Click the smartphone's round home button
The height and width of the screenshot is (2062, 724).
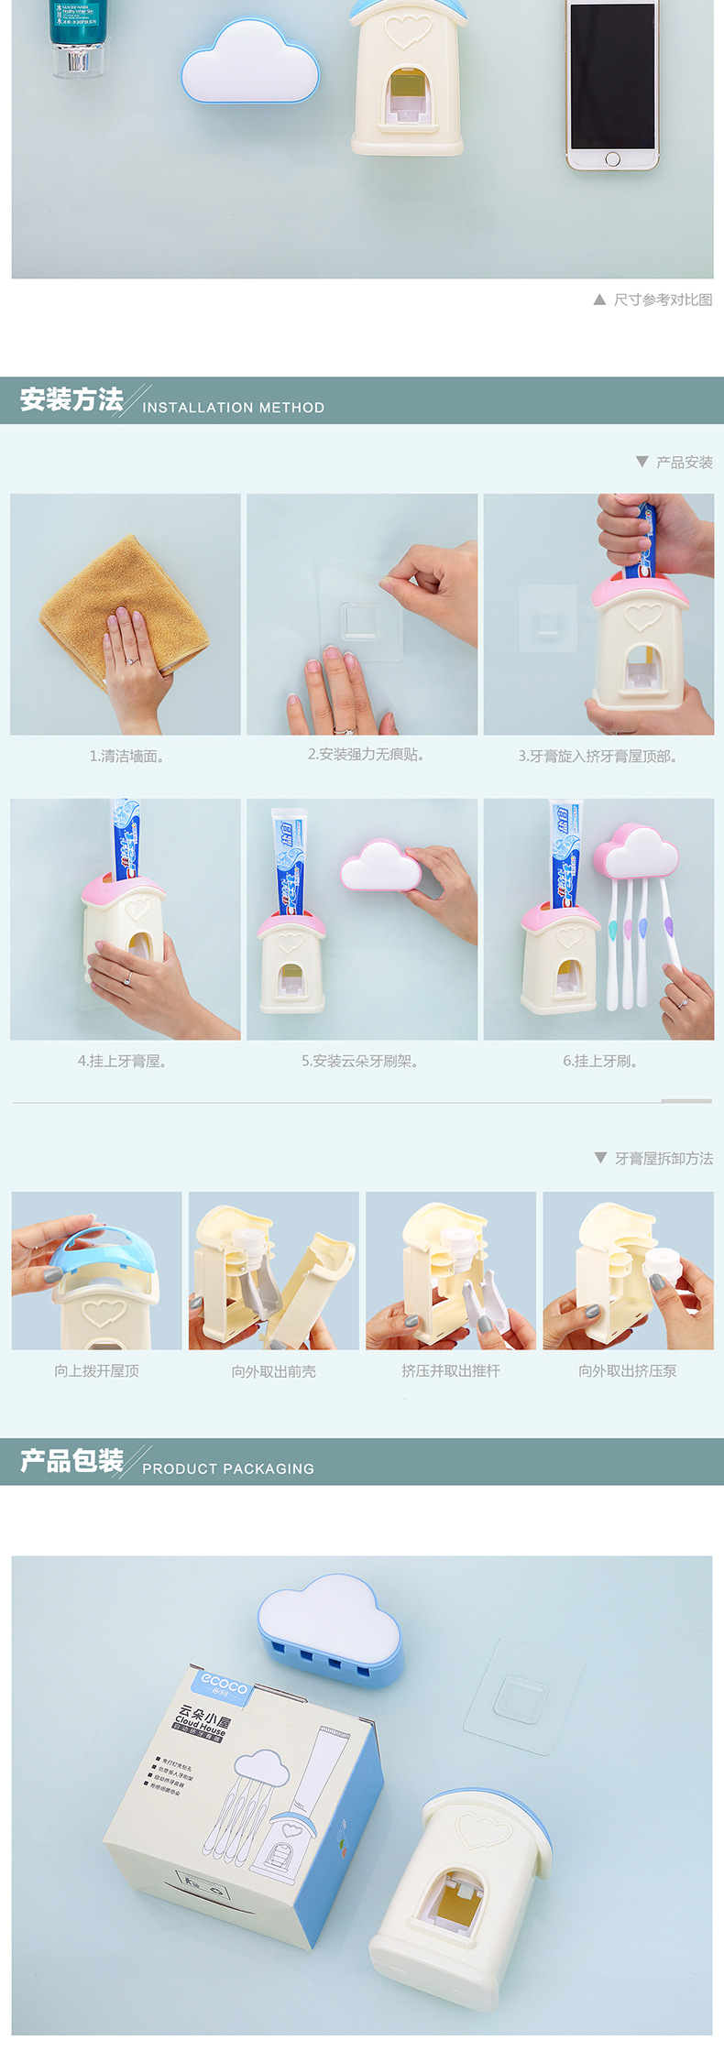(x=612, y=159)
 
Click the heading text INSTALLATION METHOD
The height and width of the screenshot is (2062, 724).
(x=233, y=408)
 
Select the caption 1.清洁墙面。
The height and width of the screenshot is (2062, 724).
(x=126, y=756)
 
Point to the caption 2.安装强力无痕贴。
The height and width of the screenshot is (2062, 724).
(x=366, y=754)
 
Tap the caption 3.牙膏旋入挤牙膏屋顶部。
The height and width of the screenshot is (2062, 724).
(x=598, y=756)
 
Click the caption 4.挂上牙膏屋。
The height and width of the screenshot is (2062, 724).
(x=122, y=1061)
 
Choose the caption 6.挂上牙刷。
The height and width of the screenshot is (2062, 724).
(x=600, y=1061)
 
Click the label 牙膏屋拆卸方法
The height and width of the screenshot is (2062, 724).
(x=664, y=1158)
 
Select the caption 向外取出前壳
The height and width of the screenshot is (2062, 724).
(x=273, y=1371)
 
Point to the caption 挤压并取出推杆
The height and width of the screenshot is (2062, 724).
(x=450, y=1370)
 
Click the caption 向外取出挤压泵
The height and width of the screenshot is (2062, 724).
(x=627, y=1370)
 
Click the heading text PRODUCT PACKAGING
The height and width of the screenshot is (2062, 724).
(x=228, y=1468)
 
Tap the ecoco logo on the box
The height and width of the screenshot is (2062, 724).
(x=224, y=1682)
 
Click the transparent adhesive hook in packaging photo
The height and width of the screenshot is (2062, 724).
(x=521, y=1696)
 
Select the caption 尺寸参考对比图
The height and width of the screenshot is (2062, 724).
(x=662, y=300)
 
